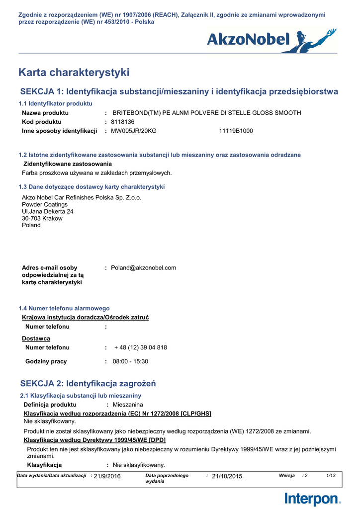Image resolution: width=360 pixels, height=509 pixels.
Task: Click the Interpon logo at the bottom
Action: tap(313, 499)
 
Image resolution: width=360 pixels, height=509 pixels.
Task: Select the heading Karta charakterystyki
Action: tap(74, 73)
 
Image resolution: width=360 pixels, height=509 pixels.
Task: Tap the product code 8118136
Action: tap(123, 122)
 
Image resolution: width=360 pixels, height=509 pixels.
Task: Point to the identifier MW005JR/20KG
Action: tap(134, 131)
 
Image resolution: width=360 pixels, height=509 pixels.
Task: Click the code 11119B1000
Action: tap(236, 131)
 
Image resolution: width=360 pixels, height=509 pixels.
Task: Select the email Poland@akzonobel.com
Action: tap(144, 268)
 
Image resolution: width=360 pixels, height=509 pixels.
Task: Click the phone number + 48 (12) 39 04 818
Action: tap(141, 347)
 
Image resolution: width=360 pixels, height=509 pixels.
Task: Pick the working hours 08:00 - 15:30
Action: tap(130, 361)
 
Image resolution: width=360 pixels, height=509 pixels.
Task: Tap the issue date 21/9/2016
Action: tap(107, 476)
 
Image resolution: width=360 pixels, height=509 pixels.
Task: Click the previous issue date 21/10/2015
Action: tap(228, 476)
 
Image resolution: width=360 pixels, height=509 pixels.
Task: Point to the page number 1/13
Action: tap(331, 476)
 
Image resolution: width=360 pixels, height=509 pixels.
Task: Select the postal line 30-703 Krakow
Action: tap(42, 218)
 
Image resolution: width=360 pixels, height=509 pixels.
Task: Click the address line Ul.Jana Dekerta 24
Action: tap(48, 211)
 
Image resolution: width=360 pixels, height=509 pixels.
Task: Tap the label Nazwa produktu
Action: tap(45, 113)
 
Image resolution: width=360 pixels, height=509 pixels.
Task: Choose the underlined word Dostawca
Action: tap(36, 339)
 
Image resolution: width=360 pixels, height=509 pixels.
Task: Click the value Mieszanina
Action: tap(128, 405)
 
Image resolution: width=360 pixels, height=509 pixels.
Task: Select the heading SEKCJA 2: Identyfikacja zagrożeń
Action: tap(88, 383)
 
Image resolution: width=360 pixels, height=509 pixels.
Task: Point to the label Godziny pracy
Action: tap(46, 361)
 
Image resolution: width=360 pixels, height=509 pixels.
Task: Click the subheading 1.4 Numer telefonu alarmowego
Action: tap(64, 308)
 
